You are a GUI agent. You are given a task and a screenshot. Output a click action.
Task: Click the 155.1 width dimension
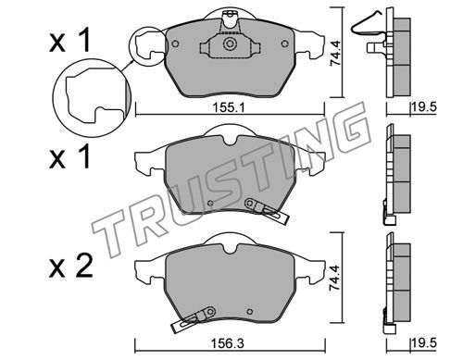click(229, 108)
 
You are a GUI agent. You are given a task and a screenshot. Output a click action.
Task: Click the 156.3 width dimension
click(228, 343)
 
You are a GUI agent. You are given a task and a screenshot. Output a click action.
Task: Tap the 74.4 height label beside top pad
click(335, 53)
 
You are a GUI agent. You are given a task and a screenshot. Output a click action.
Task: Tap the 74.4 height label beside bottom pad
click(334, 278)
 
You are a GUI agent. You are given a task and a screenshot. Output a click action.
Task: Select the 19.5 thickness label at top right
click(424, 107)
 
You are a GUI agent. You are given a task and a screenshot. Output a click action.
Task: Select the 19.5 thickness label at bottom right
click(424, 343)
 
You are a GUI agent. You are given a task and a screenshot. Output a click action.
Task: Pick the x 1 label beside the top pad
click(69, 40)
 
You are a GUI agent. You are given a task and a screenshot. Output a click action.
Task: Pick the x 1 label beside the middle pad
click(69, 156)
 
